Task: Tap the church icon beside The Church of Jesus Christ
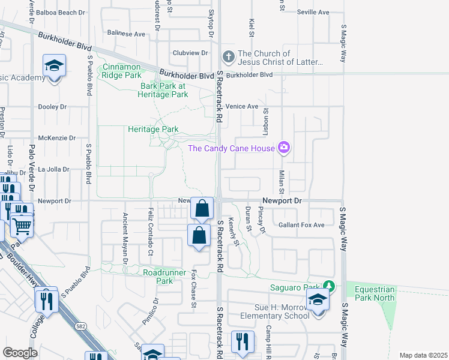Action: (x=228, y=57)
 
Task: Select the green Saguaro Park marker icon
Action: (x=328, y=286)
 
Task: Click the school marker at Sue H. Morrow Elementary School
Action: (x=318, y=301)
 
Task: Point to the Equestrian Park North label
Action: (x=374, y=293)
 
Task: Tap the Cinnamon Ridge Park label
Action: (x=122, y=71)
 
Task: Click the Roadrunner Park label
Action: (x=158, y=276)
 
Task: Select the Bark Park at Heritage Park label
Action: (x=164, y=90)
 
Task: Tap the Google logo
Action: (x=20, y=353)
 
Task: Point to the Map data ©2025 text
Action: (x=423, y=355)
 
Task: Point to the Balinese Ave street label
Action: (x=126, y=34)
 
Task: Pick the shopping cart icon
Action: (x=22, y=226)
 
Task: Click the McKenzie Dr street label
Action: (x=57, y=137)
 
